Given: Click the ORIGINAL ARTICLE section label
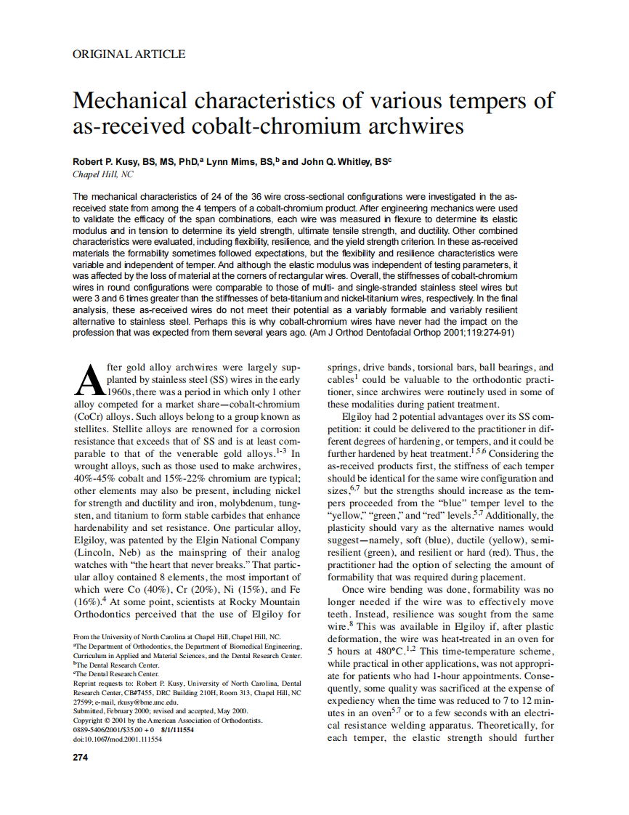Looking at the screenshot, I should coord(129,54).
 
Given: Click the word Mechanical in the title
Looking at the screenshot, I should coord(139,100).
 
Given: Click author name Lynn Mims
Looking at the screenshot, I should coord(227,161).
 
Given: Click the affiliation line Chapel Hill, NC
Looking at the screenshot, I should coord(103,174).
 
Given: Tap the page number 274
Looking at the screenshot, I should coord(81,758).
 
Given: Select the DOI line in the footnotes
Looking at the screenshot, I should coord(118,739).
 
